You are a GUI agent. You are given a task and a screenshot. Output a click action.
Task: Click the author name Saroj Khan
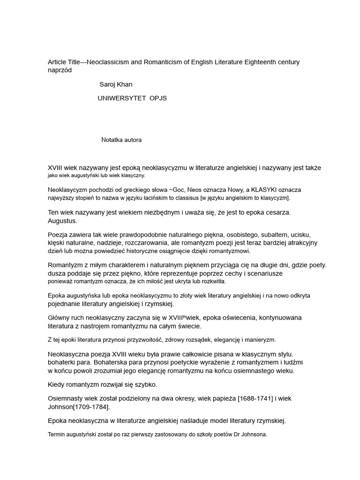click(116, 84)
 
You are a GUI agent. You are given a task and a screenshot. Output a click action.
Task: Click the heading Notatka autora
click(121, 140)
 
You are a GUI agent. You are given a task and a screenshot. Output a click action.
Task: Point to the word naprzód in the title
click(60, 70)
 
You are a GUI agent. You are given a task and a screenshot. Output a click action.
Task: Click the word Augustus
click(62, 220)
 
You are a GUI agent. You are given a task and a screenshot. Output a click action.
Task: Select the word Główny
click(59, 317)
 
